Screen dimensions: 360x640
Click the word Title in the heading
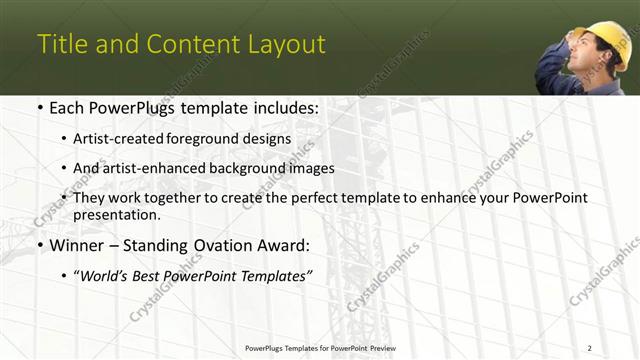(x=62, y=45)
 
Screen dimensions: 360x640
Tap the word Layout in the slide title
(x=288, y=45)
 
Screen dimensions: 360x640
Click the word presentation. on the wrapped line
(x=116, y=215)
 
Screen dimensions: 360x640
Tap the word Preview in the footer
(x=379, y=347)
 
